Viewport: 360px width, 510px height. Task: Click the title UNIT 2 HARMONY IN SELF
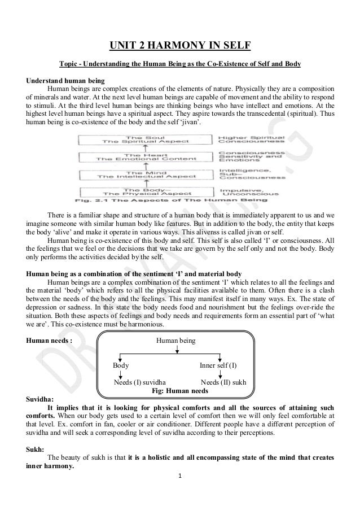[x=179, y=45]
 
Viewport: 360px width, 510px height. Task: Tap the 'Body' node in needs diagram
[x=121, y=365]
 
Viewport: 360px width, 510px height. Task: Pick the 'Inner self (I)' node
[x=218, y=365]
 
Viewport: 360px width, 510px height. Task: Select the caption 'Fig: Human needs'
[x=181, y=390]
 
